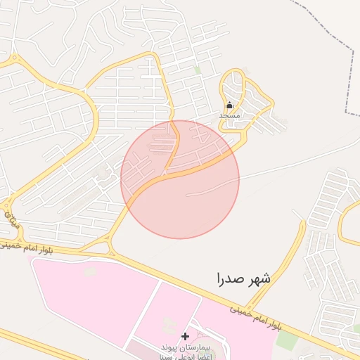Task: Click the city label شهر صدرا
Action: coord(243,278)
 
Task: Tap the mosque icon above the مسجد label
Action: coord(229,105)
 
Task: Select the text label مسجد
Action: coord(230,115)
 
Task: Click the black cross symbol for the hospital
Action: coord(185,337)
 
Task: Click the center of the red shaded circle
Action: coord(180,179)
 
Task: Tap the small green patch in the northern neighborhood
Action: coord(198,70)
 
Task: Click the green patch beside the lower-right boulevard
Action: coord(286,340)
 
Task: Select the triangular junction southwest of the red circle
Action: coord(109,245)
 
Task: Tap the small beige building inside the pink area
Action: coord(89,271)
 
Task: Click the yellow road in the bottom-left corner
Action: coord(28,345)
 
